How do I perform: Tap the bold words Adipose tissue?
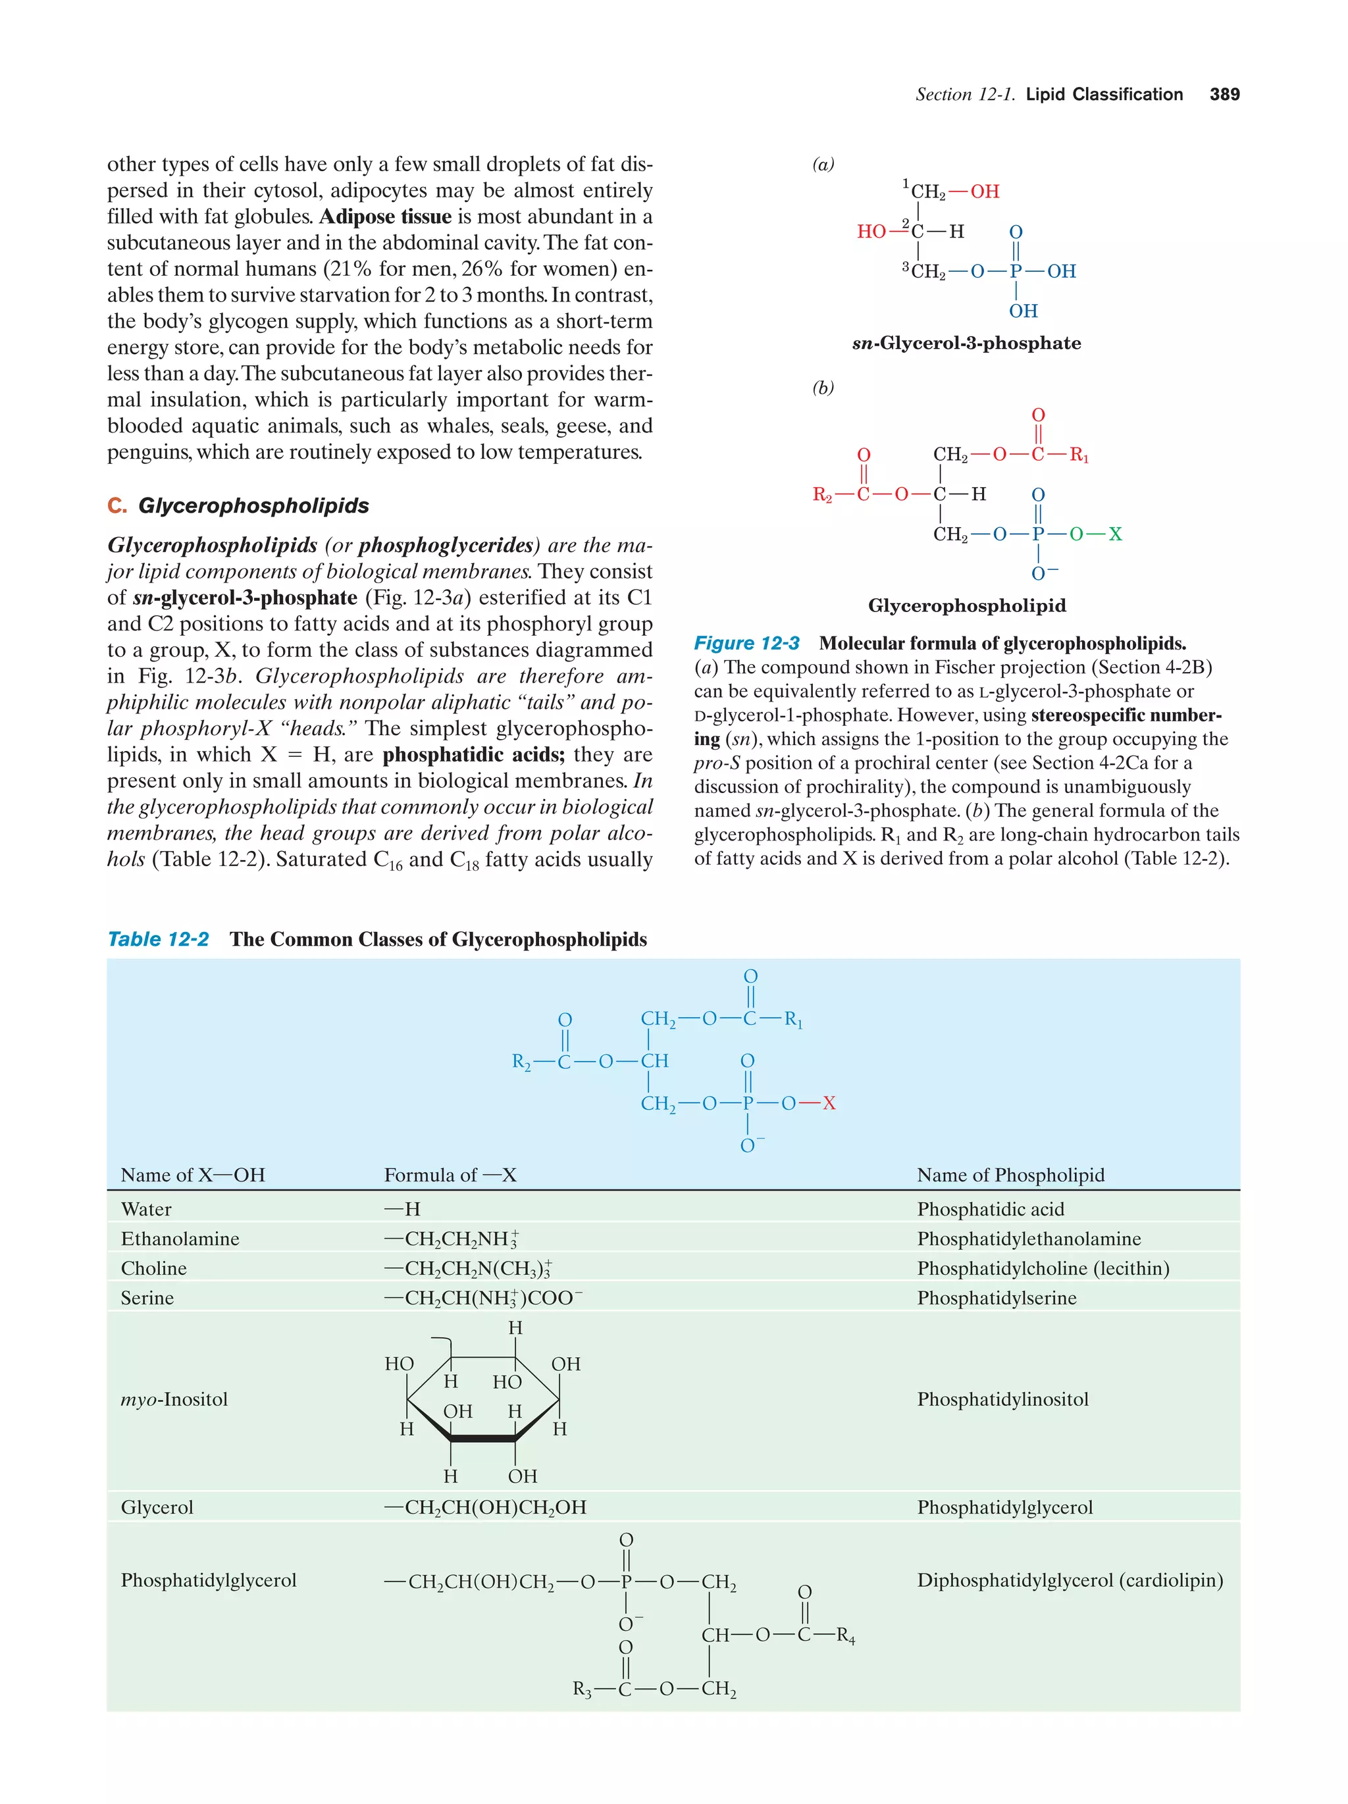tap(385, 217)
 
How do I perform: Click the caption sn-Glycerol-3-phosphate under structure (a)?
tap(966, 344)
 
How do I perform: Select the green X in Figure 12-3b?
tap(1115, 534)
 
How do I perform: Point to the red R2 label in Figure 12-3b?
tap(822, 495)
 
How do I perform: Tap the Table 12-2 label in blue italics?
tap(158, 940)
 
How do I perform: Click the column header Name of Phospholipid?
tap(1010, 1175)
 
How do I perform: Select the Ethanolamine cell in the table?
tap(180, 1239)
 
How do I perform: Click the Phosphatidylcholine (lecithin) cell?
tap(1042, 1268)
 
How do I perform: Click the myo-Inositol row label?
tap(174, 1399)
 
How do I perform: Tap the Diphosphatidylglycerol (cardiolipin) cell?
tap(1069, 1580)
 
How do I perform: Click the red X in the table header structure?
tap(829, 1104)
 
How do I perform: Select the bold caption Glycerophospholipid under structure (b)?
tap(966, 606)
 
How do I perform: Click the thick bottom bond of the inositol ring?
tap(482, 1439)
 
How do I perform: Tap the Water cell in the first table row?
tap(146, 1210)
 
